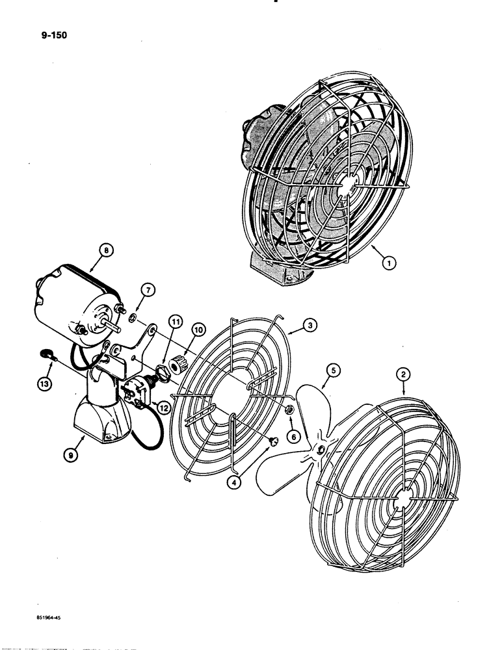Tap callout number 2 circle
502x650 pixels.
click(x=404, y=374)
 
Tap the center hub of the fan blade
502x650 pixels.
click(x=320, y=450)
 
